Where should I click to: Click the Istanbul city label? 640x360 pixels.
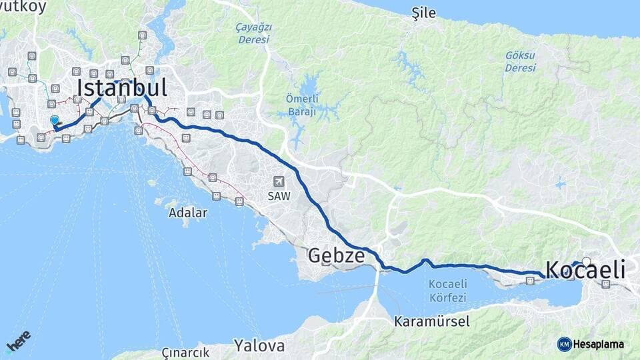pos(121,88)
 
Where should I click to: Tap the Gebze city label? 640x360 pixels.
pos(336,256)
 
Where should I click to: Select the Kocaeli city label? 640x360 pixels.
pos(585,270)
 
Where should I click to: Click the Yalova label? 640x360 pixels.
pos(259,345)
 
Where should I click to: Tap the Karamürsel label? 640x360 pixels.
pos(431,321)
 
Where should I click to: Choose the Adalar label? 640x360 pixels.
pos(188,213)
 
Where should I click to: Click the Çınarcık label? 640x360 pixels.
pos(185,353)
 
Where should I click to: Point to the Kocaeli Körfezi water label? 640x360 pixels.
pos(447,291)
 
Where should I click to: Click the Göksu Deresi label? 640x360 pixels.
pos(520,62)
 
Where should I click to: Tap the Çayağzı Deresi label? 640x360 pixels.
pos(253,33)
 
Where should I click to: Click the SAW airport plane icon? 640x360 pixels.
pos(279,181)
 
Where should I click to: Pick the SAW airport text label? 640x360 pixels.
pos(279,197)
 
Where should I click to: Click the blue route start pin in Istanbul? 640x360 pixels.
pos(55,120)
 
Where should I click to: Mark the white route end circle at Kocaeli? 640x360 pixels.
pos(586,261)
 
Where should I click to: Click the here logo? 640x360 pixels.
pos(18,341)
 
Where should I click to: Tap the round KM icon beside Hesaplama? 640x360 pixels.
pos(564,344)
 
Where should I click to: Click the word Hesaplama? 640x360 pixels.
pos(599,344)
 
